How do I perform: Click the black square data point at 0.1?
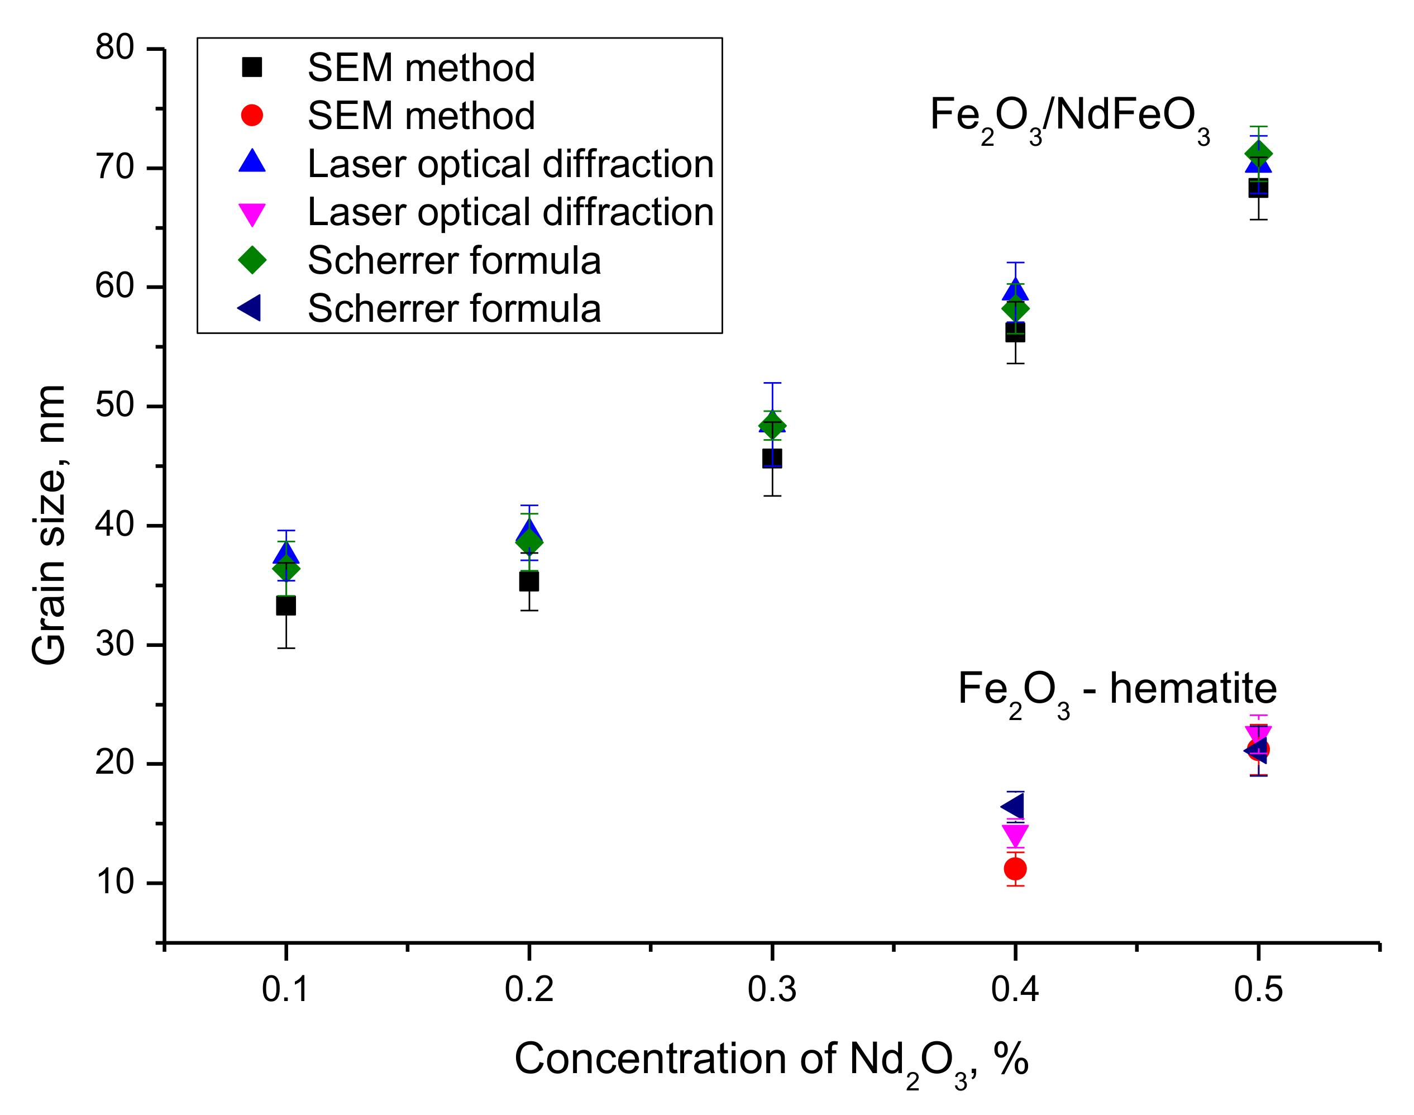pos(286,606)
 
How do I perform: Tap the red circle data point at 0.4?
pos(1015,869)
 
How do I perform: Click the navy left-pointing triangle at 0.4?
pos(1014,807)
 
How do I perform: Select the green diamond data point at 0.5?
pos(1259,154)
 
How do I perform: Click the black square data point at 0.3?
pos(772,458)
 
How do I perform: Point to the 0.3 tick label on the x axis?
pos(772,989)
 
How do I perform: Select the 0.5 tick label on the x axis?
pos(1258,989)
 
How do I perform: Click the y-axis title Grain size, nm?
pos(49,526)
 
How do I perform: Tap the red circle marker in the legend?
pos(252,116)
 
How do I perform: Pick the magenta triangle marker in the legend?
pos(252,213)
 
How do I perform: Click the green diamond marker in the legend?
pos(252,260)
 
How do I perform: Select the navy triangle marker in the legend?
pos(250,307)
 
